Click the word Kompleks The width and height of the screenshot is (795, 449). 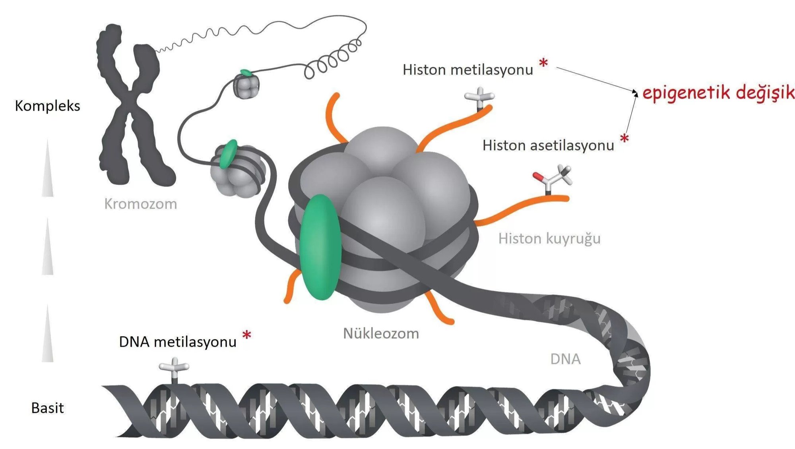[x=47, y=106]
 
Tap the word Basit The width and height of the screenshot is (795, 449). [x=47, y=408]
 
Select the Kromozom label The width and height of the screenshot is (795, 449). [x=140, y=204]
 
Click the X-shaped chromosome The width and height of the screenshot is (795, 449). [x=131, y=107]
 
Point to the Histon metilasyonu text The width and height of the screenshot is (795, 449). [x=467, y=70]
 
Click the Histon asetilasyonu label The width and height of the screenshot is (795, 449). [x=548, y=145]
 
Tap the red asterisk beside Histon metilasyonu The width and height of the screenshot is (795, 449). [x=543, y=63]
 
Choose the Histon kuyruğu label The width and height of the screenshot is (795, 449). [x=549, y=238]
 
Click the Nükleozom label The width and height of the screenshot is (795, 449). [x=381, y=333]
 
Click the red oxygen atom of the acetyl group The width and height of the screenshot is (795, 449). [x=537, y=176]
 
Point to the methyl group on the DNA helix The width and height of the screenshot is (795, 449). [x=174, y=368]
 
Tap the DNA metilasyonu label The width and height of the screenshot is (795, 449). [x=178, y=342]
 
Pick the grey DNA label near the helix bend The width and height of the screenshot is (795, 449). [x=565, y=359]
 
